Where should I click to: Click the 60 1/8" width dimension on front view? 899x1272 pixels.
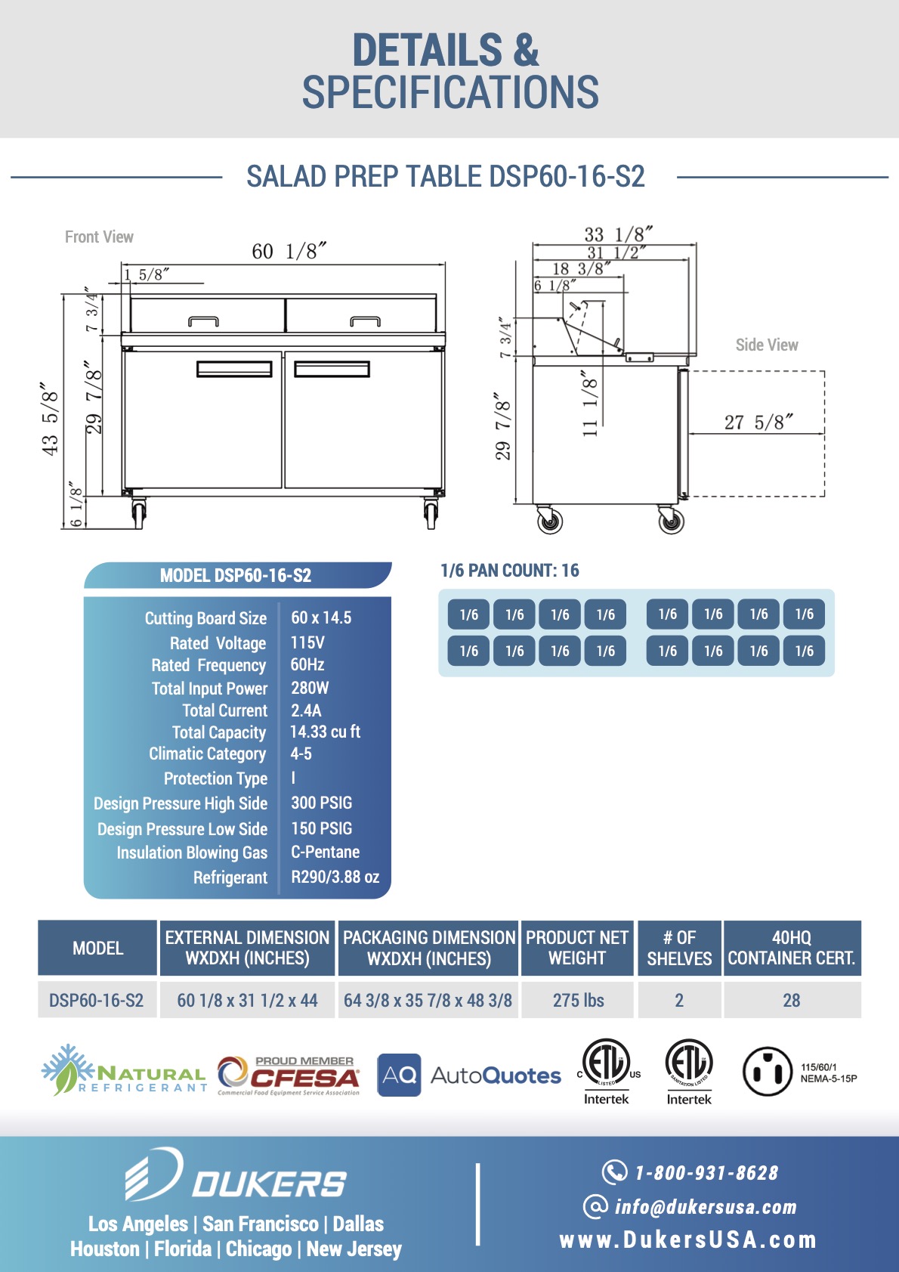[289, 251]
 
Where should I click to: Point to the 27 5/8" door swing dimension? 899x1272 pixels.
[758, 422]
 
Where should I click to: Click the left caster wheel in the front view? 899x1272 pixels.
[138, 513]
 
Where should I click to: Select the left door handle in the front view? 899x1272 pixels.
[234, 369]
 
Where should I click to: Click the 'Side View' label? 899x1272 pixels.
[766, 345]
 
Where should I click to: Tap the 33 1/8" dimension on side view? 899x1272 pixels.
[618, 235]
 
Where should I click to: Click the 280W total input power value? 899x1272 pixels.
[310, 688]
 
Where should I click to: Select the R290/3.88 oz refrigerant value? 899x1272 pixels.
[335, 877]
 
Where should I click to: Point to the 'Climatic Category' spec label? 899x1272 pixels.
[207, 754]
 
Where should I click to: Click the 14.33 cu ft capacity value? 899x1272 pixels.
[325, 732]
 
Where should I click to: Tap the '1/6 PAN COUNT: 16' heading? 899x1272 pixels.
[509, 571]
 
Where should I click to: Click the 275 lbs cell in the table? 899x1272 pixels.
[578, 1000]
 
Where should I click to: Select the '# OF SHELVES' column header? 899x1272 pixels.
[679, 948]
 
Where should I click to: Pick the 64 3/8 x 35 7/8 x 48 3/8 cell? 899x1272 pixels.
[428, 1000]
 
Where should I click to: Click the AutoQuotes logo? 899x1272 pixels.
[469, 1075]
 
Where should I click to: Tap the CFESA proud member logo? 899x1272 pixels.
[289, 1075]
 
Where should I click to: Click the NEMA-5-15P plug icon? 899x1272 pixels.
[767, 1071]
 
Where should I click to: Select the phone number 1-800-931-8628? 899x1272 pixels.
[706, 1173]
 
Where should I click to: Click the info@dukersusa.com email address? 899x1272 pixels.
[705, 1207]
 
